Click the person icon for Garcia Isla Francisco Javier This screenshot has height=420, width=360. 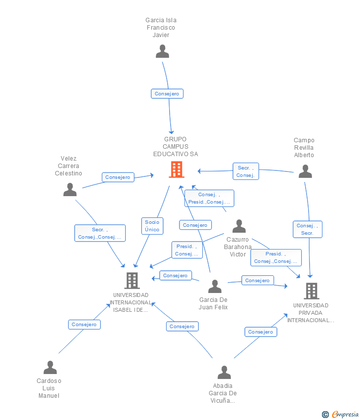coord(162,51)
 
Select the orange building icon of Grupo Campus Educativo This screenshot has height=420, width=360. coord(176,169)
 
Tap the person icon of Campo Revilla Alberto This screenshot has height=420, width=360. coord(305,171)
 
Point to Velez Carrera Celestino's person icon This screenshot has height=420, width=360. coord(70,190)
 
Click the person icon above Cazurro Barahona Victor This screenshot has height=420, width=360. coord(239,226)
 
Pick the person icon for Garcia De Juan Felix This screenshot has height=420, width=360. coord(215,287)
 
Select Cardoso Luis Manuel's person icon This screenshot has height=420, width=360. coord(50,368)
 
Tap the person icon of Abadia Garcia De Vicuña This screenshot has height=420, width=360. coord(224,373)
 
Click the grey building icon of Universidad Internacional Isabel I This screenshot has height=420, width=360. coord(132,281)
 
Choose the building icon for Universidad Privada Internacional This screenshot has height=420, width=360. coord(311,291)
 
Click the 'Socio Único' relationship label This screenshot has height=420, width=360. coord(152,226)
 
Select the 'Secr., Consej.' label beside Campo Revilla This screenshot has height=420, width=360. coord(245,171)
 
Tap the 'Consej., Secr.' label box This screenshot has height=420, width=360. coord(307,229)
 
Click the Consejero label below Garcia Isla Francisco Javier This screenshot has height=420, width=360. coord(167,93)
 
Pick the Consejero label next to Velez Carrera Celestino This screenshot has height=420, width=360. coord(118,177)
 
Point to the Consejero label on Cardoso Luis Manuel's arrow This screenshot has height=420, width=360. coord(84,325)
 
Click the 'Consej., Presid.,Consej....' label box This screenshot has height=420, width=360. coord(209,198)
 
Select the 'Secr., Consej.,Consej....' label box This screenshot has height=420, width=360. coord(100,233)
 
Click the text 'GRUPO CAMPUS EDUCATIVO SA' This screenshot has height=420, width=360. coord(176,147)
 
